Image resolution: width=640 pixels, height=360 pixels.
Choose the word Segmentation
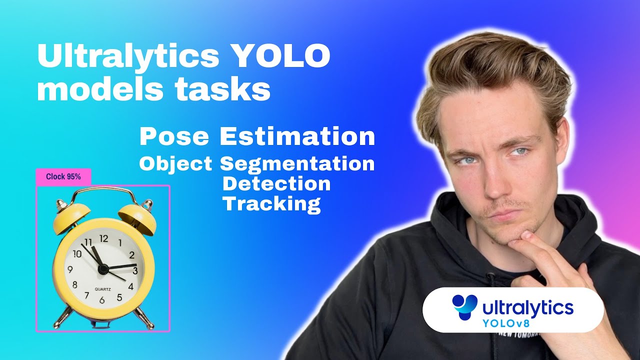pos(297,163)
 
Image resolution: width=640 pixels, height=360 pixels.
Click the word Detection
pos(276,183)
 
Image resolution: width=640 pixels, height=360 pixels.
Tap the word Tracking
pos(271,204)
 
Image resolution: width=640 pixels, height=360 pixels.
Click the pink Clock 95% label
pos(63,176)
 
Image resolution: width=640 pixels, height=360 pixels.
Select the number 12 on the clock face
pos(103,238)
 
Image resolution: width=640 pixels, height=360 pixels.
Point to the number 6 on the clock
pos(102,300)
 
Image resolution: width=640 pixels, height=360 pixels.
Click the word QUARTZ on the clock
pos(103,288)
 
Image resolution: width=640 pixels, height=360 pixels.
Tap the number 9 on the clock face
pos(70,270)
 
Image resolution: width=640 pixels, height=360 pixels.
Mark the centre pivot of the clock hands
pos(103,269)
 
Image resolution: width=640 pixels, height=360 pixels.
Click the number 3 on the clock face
pos(135,270)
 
